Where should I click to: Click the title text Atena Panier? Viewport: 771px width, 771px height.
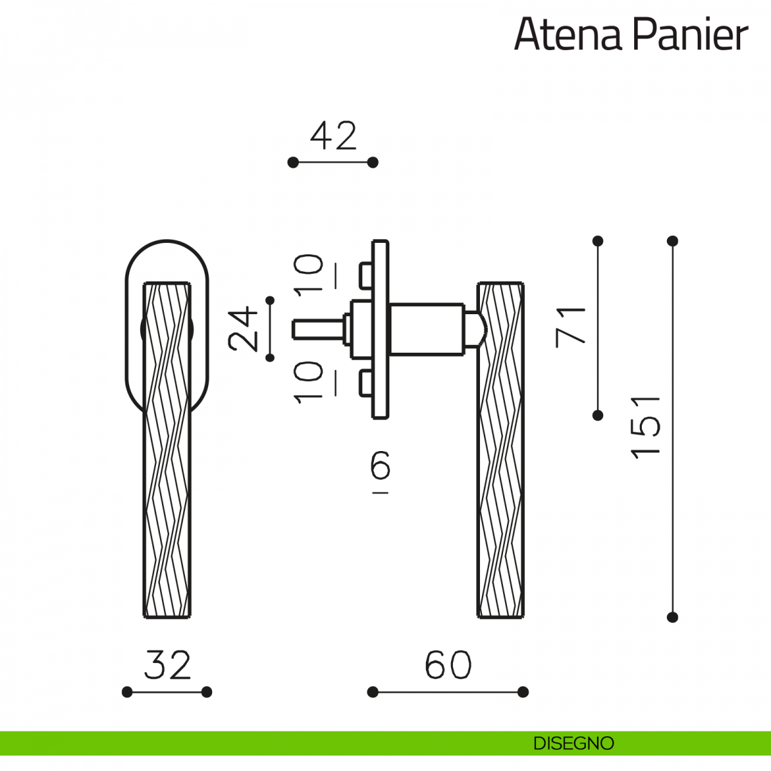coord(631,35)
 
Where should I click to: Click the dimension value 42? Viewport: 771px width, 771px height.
coord(333,136)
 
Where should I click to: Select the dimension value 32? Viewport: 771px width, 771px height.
coord(167,665)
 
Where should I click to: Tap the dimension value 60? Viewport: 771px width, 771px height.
coord(448,665)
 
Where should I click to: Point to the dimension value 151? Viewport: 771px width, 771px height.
coord(645,427)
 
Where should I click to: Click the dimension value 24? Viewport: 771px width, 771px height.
coord(242,328)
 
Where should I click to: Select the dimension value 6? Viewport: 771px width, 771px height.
coord(380,465)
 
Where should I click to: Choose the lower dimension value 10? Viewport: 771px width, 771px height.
coord(308,382)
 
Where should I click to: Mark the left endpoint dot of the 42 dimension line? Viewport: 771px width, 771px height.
coord(293,163)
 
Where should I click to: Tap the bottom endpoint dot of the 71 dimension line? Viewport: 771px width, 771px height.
coord(598,415)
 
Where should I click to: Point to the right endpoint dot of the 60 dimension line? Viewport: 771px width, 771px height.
coord(523,692)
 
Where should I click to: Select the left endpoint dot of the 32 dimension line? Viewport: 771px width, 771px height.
coord(127,692)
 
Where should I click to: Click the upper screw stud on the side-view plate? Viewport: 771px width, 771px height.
coord(366,275)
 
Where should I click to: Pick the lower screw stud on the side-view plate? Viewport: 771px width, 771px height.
coord(366,384)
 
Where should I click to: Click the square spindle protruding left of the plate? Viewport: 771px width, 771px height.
coord(317,330)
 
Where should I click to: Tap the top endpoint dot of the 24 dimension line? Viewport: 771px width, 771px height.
coord(270,300)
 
